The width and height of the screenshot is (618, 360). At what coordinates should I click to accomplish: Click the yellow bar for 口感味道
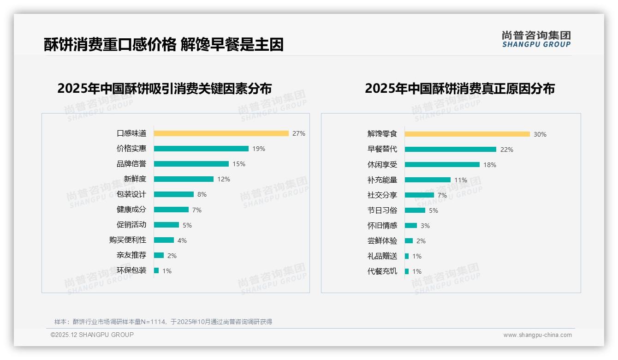221,133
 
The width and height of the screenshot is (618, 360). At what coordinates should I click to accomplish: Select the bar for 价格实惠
201,149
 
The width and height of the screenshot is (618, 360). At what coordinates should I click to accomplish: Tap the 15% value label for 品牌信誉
239,164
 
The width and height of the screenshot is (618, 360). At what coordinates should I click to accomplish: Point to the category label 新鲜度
135,179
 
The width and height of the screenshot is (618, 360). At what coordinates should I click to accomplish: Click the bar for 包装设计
174,194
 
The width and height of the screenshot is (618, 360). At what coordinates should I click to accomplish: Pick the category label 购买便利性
128,240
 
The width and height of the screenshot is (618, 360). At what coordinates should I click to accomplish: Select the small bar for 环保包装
156,270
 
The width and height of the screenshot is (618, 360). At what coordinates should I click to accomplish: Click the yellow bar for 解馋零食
467,134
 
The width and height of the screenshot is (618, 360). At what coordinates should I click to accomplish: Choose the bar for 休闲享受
442,165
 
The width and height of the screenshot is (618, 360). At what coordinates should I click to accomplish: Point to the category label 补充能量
382,180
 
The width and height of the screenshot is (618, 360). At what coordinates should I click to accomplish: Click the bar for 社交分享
419,195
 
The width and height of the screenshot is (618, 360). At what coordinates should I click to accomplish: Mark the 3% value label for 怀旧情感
425,226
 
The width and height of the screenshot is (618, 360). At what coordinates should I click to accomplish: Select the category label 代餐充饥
382,271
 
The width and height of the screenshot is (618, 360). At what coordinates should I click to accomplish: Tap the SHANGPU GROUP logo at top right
536,39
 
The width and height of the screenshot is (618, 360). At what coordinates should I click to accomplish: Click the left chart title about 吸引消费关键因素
165,88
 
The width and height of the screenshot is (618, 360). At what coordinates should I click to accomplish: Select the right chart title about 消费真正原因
459,88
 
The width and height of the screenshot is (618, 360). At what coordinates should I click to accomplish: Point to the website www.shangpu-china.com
537,335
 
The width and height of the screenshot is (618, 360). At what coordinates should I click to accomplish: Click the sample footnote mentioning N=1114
163,322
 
